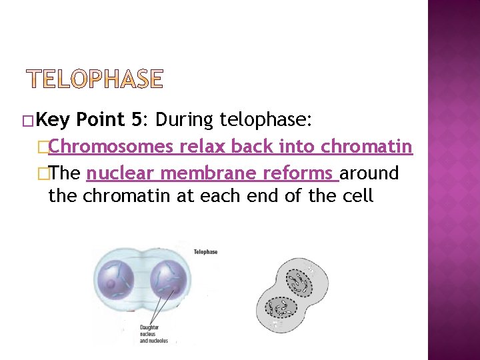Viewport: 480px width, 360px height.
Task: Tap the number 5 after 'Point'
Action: pos(136,120)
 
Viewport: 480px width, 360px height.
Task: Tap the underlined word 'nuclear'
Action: pos(121,173)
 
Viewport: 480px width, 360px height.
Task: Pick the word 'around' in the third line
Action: pos(369,173)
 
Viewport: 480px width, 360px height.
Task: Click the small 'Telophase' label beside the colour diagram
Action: pos(205,252)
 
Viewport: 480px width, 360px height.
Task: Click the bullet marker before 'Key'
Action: pos(27,121)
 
